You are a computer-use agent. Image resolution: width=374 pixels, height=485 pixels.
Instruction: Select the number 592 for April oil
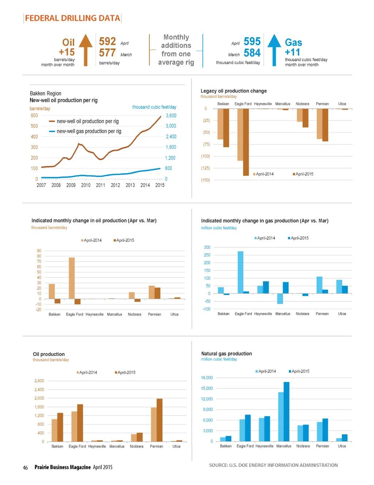click(x=107, y=42)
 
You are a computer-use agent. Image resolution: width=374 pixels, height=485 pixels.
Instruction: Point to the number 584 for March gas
click(x=252, y=53)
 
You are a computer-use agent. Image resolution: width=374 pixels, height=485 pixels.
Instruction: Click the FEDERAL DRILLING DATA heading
click(x=72, y=18)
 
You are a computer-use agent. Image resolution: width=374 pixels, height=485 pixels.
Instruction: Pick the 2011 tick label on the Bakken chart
click(x=100, y=185)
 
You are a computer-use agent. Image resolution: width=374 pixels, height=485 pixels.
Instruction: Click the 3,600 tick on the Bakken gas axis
click(x=171, y=116)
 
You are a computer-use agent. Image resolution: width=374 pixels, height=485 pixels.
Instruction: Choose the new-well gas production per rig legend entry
click(x=89, y=131)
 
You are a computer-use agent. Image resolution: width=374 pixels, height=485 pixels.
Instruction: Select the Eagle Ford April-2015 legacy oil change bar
click(x=246, y=142)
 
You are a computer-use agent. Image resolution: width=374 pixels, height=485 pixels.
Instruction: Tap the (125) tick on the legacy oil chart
click(x=206, y=168)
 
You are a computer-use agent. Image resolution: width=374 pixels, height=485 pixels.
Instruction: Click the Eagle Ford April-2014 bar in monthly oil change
click(x=72, y=278)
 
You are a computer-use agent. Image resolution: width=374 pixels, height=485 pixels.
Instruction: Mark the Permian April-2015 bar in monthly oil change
click(x=157, y=293)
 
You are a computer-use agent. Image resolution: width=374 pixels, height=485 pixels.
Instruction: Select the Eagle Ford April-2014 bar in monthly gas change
click(x=240, y=272)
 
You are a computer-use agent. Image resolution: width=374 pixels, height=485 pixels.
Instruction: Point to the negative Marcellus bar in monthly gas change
click(x=280, y=299)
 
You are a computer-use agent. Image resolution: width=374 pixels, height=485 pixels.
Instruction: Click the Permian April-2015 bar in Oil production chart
click(x=159, y=420)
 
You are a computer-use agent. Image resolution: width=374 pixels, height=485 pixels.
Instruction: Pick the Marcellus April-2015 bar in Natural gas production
click(x=286, y=412)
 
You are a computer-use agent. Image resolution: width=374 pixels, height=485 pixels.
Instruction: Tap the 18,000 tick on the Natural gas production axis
click(x=207, y=378)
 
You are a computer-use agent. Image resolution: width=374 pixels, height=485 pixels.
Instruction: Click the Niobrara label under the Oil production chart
click(x=137, y=446)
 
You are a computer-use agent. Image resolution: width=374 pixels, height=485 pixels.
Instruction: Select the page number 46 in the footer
click(x=25, y=467)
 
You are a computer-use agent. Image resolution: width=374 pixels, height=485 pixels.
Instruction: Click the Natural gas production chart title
click(x=226, y=354)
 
